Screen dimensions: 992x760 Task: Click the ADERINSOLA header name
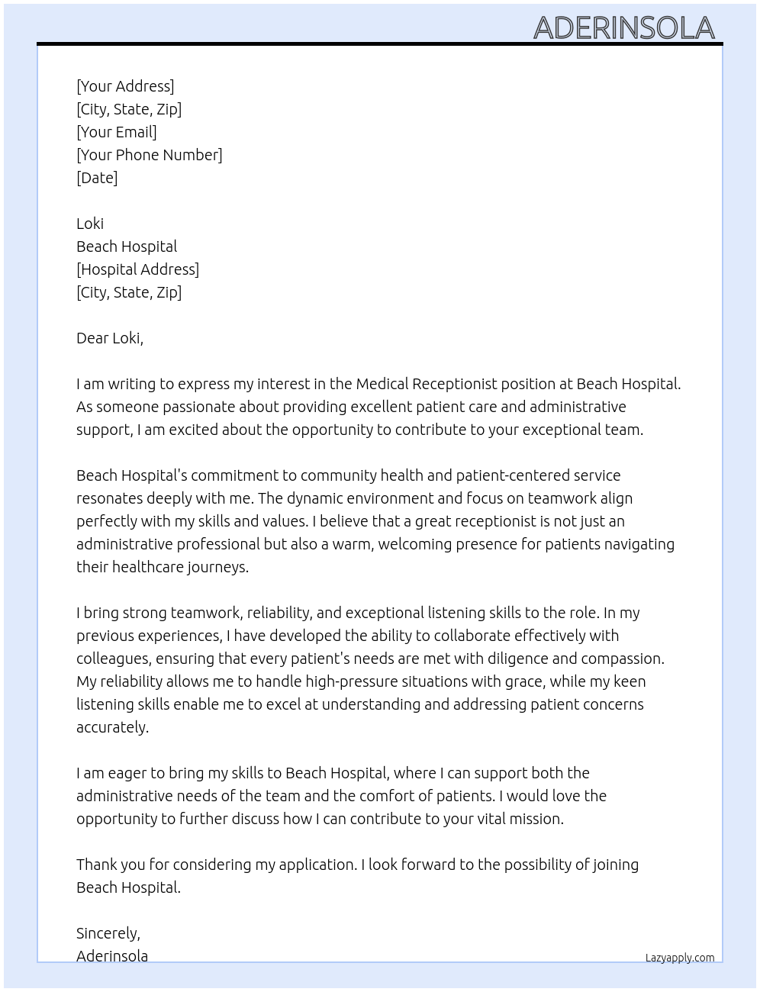(x=623, y=28)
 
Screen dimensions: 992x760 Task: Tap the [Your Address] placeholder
(x=125, y=86)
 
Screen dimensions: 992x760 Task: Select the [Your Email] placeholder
(x=117, y=132)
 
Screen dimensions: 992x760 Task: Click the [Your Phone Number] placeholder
(x=150, y=155)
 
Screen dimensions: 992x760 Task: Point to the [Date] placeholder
(x=97, y=178)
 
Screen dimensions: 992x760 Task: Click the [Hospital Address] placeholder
(x=137, y=269)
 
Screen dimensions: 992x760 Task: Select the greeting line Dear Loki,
(x=110, y=338)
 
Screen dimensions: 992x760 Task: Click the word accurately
(x=111, y=727)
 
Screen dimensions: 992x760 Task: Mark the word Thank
(x=97, y=865)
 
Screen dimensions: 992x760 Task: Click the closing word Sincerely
(x=108, y=933)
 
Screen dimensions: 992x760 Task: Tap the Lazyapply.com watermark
(x=679, y=958)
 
